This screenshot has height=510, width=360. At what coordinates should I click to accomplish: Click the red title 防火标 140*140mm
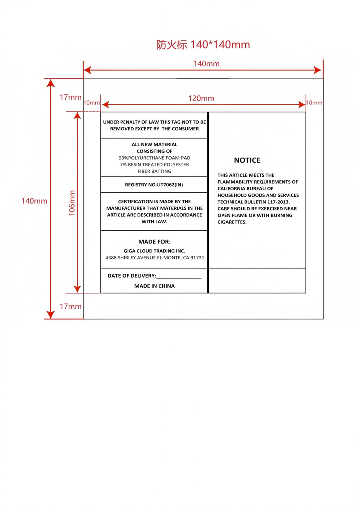[x=203, y=45]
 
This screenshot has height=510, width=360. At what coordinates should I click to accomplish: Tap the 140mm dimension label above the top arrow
[x=206, y=64]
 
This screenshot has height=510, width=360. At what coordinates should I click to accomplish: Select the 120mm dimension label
[x=201, y=98]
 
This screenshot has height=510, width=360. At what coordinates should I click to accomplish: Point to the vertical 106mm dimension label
[x=72, y=202]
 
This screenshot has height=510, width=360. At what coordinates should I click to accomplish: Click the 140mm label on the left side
[x=34, y=201]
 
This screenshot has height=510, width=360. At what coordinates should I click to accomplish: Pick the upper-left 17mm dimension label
[x=70, y=97]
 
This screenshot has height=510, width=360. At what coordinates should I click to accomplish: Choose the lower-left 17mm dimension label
[x=70, y=306]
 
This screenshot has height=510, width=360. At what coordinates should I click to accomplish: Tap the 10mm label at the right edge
[x=314, y=103]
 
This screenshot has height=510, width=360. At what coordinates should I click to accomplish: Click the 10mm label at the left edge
[x=92, y=103]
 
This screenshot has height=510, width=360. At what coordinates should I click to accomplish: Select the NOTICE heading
[x=247, y=160]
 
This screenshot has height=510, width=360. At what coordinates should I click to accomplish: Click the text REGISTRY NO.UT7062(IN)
[x=154, y=185]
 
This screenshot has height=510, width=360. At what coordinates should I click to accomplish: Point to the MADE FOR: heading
[x=154, y=241]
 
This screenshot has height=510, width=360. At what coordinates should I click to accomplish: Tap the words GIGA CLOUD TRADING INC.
[x=154, y=251]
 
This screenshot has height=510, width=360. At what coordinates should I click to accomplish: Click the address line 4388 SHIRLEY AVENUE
[x=155, y=258]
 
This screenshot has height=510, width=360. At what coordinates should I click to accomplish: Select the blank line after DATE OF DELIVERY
[x=179, y=277]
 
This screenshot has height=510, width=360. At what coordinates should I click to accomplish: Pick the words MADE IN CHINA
[x=154, y=286]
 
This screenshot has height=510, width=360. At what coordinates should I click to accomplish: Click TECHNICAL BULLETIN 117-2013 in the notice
[x=254, y=202]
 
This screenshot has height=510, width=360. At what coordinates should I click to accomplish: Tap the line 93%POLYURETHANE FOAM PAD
[x=154, y=158]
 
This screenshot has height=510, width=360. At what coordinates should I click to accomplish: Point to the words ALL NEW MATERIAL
[x=154, y=144]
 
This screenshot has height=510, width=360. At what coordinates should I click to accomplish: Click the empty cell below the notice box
[x=257, y=281]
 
